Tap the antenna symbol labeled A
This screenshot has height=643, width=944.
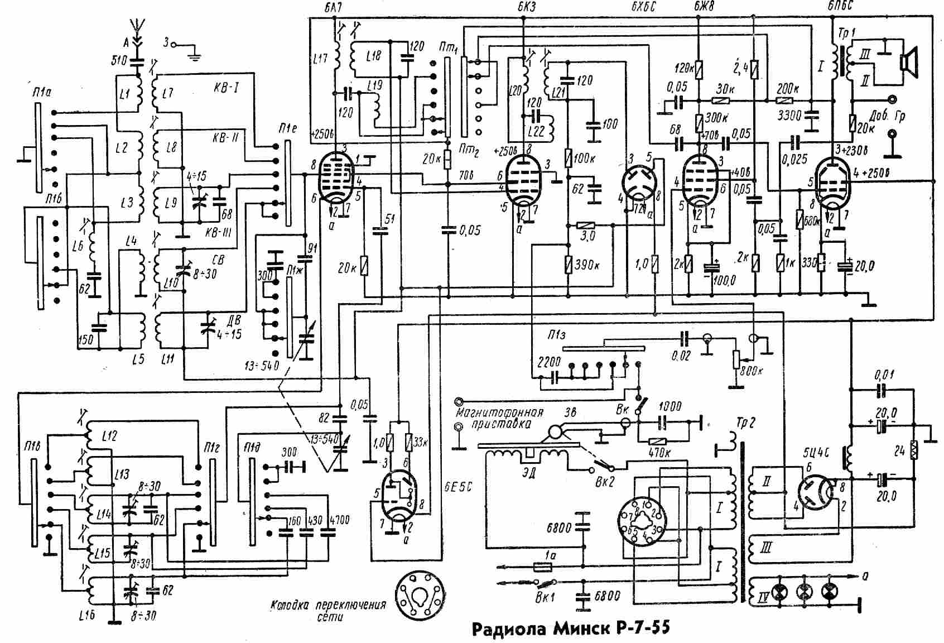pos(134,28)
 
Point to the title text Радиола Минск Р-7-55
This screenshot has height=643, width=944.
pos(570,628)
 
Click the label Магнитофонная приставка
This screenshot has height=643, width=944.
pos(499,418)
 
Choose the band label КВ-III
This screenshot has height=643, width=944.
pos(219,232)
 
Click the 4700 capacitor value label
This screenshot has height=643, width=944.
pos(338,520)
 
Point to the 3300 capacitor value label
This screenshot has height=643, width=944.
pos(789,116)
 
